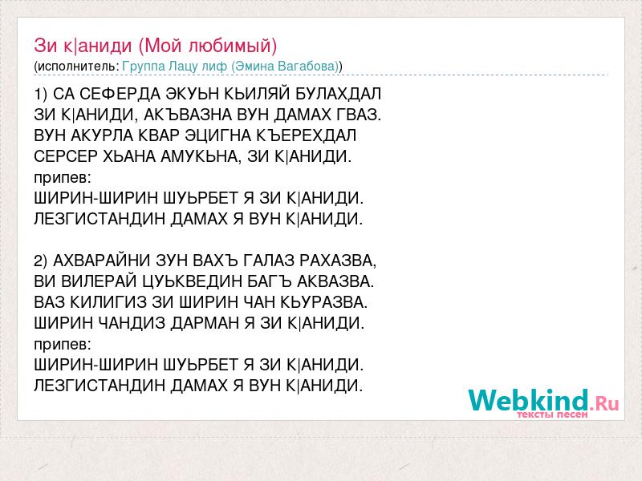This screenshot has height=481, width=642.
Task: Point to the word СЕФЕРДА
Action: click(x=120, y=94)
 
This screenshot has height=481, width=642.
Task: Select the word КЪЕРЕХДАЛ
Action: click(x=307, y=135)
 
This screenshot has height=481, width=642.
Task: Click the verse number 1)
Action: click(x=41, y=94)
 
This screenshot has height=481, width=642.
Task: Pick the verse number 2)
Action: click(x=41, y=261)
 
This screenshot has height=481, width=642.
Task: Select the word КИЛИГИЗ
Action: click(x=108, y=302)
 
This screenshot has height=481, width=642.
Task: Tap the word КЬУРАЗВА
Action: click(x=324, y=302)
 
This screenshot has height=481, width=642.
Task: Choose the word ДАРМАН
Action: click(x=205, y=323)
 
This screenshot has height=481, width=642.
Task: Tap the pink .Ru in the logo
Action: click(x=604, y=404)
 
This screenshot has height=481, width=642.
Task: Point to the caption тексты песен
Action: click(x=552, y=414)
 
